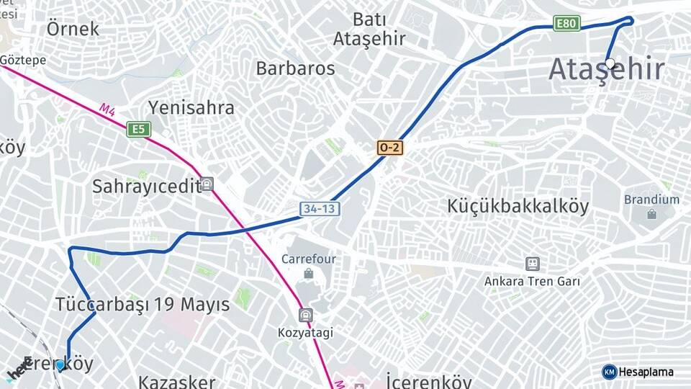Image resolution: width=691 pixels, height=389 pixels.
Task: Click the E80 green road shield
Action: point(567,24)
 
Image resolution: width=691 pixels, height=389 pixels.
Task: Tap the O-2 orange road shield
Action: point(389,148)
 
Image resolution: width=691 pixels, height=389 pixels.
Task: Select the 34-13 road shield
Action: point(320,209)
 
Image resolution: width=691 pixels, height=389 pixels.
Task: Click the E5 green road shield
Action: point(138,130)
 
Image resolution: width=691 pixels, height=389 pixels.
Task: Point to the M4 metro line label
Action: point(107,109)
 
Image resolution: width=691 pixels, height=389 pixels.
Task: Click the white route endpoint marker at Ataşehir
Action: point(610,63)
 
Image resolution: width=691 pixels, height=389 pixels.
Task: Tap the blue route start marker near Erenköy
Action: point(60,365)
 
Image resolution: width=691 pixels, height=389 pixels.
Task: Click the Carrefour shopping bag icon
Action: point(308,274)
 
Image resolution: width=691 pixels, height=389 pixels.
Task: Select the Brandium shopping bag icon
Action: point(651,214)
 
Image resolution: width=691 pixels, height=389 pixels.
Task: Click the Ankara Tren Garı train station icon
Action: point(532,264)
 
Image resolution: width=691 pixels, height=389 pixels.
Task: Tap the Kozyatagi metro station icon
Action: point(306,316)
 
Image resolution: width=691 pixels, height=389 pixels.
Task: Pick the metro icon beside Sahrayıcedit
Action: point(207,184)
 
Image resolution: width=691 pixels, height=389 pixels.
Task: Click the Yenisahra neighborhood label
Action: point(191,108)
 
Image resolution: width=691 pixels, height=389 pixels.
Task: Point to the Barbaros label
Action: point(295,68)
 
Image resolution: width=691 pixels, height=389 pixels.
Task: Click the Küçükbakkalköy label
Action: point(518,206)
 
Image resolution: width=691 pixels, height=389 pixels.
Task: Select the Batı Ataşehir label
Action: point(369,29)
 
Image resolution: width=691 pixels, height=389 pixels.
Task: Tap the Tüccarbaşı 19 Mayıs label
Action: point(143,304)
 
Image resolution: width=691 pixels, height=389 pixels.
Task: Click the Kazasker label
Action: point(176,381)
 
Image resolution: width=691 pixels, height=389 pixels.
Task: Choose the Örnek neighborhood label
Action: point(73,29)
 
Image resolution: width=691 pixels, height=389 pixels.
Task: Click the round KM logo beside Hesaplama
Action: point(609,372)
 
